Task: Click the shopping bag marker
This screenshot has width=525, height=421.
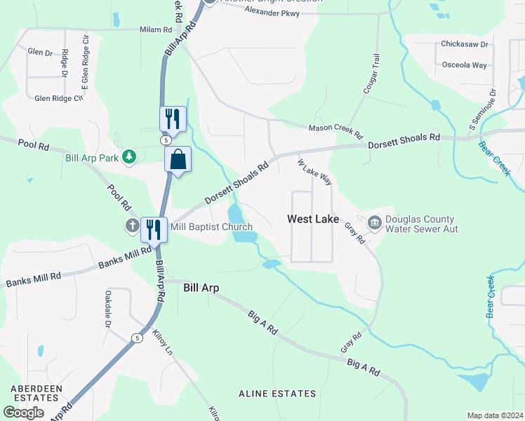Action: point(178,159)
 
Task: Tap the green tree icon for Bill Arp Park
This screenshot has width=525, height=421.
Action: point(128,157)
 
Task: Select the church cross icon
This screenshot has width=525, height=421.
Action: point(131,226)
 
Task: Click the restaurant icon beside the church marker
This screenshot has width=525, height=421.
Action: point(152,229)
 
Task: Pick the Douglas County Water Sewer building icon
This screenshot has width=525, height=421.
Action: point(374,224)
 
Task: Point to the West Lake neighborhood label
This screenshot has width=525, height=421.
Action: point(313,220)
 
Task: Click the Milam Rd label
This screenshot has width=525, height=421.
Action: point(156,29)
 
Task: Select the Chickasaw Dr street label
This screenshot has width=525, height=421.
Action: point(464,44)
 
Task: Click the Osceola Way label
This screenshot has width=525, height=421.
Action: point(464,65)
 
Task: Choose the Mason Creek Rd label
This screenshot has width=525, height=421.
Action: point(335,131)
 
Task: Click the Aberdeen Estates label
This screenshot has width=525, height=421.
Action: point(36,392)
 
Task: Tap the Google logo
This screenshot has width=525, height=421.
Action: point(23,413)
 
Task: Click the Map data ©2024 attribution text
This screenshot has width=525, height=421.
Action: point(495,415)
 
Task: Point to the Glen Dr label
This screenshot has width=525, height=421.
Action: point(40,53)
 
